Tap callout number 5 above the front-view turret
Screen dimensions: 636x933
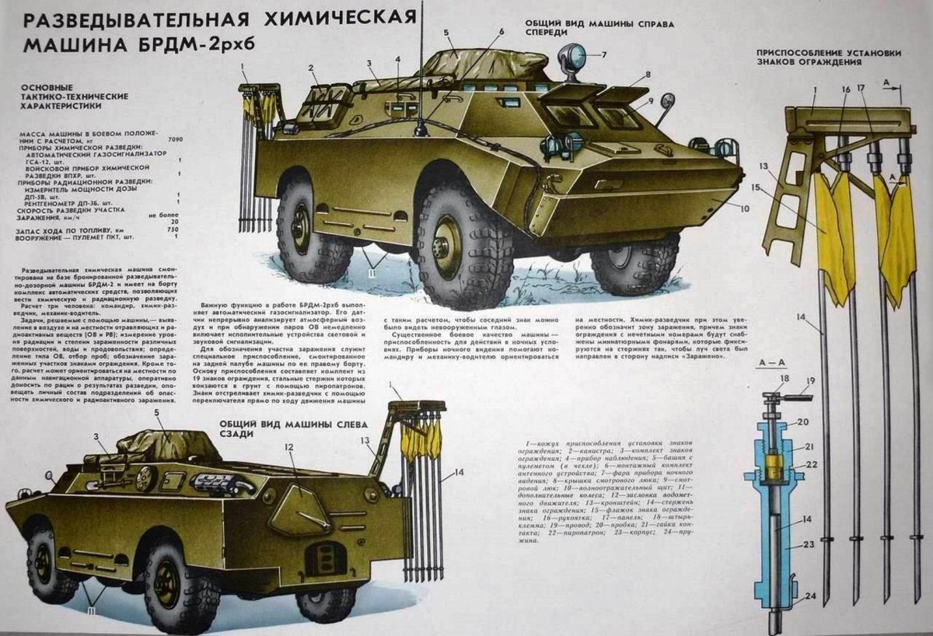tap(447, 33)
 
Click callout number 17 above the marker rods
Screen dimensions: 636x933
tap(861, 89)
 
